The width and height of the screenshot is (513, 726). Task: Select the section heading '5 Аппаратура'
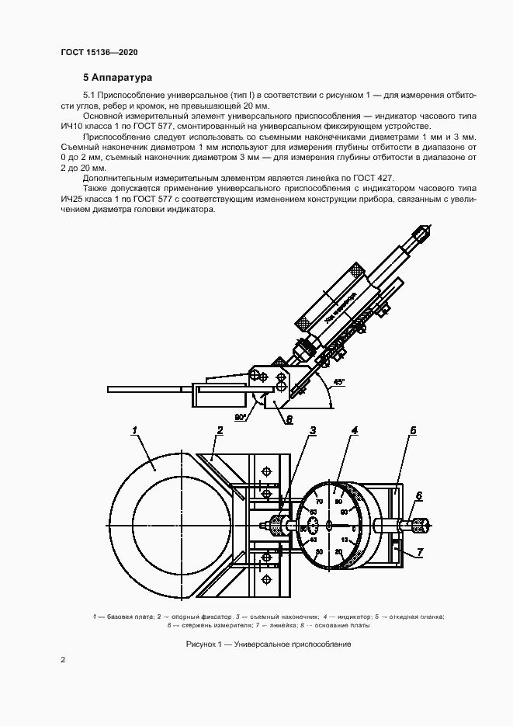pyautogui.click(x=118, y=78)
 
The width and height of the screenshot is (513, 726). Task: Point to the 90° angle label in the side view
pyautogui.click(x=241, y=417)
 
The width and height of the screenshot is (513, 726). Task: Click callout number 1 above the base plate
pyautogui.click(x=135, y=429)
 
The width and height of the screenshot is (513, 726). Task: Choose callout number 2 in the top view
pyautogui.click(x=220, y=429)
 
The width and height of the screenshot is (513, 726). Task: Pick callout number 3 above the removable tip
pyautogui.click(x=312, y=429)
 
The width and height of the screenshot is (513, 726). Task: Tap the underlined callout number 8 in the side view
pyautogui.click(x=289, y=420)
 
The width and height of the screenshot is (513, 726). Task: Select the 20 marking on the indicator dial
pyautogui.click(x=338, y=551)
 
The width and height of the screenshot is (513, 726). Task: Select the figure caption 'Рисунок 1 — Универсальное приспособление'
pyautogui.click(x=269, y=644)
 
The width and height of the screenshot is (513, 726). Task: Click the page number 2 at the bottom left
pyautogui.click(x=63, y=661)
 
